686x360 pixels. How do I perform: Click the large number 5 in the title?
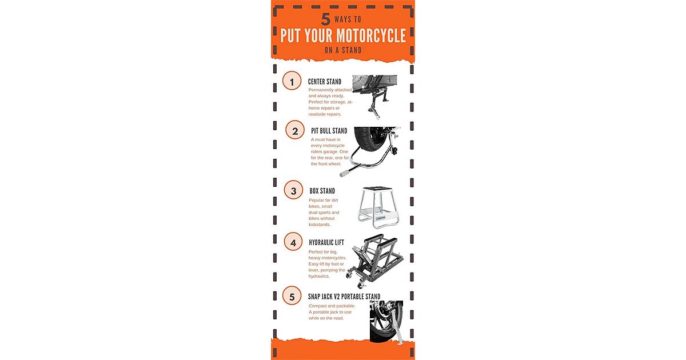point(325,19)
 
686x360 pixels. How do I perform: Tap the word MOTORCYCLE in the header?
point(371,35)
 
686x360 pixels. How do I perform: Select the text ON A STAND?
point(343,50)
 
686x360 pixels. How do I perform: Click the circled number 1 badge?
point(292,81)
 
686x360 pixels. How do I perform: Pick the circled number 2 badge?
point(295,130)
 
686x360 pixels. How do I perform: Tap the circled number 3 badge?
point(293,190)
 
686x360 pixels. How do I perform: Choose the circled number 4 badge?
point(293,242)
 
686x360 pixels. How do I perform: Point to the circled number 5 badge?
point(292,295)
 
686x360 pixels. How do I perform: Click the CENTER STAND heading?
point(325,82)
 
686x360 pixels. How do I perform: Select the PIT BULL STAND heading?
point(329,131)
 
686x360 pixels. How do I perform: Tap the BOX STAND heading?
point(322,191)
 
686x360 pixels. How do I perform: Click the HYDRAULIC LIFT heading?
point(326,242)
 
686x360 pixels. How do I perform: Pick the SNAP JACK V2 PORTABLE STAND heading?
point(344,297)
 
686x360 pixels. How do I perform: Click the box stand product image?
point(378,207)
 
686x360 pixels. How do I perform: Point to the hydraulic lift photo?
point(375,261)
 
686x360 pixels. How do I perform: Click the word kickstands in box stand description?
point(320,225)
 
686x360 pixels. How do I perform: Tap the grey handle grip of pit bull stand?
point(345,173)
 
